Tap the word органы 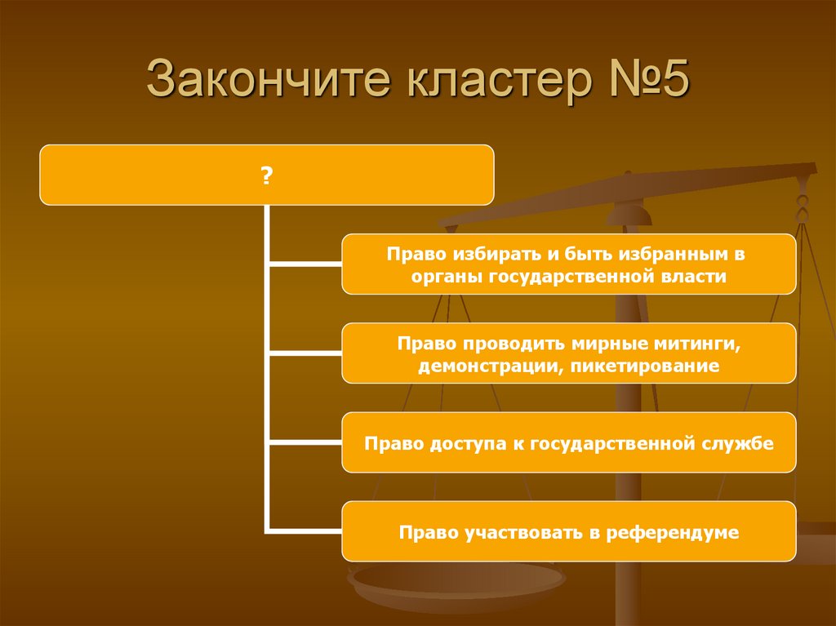(x=446, y=277)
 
